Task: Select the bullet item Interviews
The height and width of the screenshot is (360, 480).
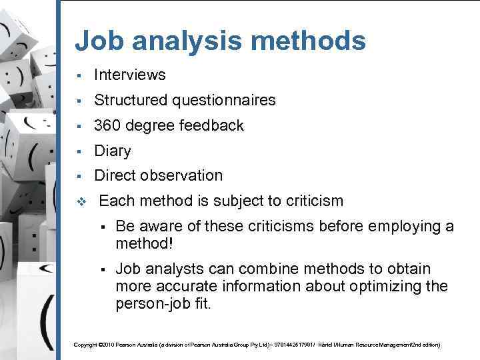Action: pos(129,75)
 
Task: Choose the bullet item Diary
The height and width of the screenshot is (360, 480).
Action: pos(112,151)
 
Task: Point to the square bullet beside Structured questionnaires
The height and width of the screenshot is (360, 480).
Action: pos(79,101)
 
